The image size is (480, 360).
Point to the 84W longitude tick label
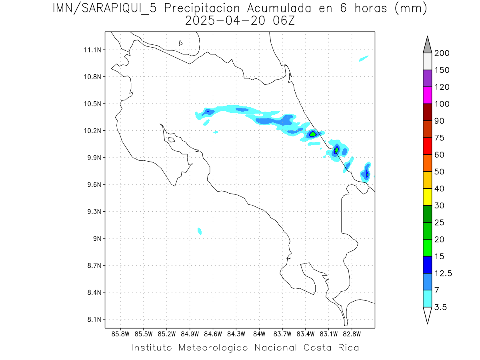[259, 334]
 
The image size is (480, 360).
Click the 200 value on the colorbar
[442, 53]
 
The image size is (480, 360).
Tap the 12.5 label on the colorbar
[443, 273]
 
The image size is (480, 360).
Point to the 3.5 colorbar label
[440, 307]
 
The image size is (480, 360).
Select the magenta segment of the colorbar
[427, 95]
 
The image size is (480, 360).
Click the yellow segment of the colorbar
[427, 197]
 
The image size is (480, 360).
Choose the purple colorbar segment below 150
[427, 78]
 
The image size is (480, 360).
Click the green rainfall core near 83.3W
[313, 134]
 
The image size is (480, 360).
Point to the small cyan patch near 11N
[364, 59]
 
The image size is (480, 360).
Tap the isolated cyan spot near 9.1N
[200, 231]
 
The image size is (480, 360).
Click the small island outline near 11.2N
[181, 43]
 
